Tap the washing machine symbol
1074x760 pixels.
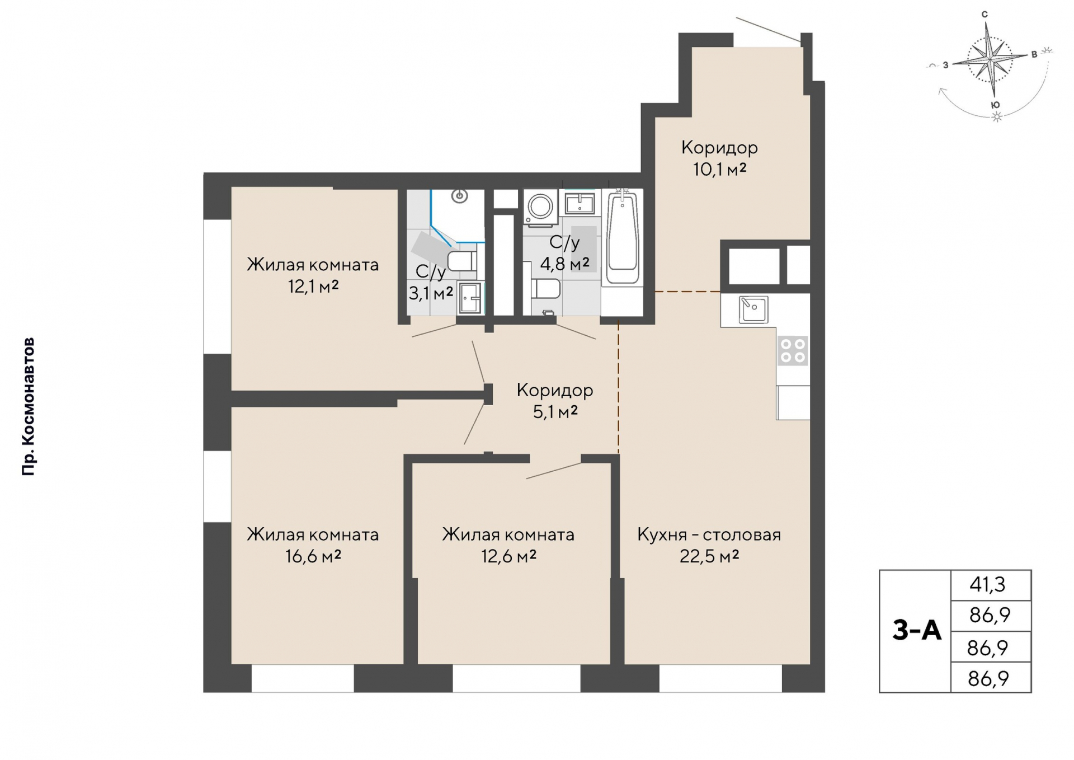tap(540, 208)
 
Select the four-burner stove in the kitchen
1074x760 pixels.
tap(793, 351)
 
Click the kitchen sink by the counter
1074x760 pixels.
tap(753, 309)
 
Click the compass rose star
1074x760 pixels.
tap(991, 58)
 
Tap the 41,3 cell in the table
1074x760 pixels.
tap(988, 584)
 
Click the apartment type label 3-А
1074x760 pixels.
tap(917, 630)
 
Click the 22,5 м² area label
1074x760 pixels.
tap(709, 556)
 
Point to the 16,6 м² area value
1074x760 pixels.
tap(313, 556)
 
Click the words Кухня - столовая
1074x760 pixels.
tap(709, 535)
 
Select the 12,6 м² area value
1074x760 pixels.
tap(508, 556)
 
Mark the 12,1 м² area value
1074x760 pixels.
tap(313, 287)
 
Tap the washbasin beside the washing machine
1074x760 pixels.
tap(580, 203)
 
